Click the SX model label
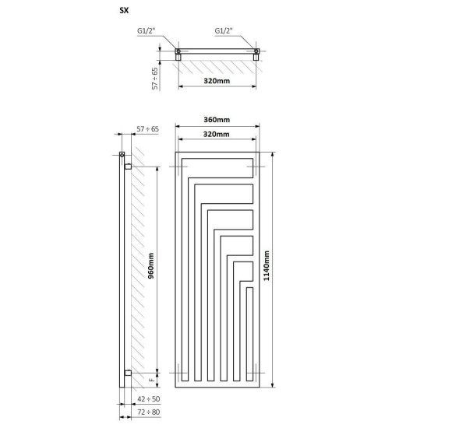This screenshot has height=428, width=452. pos(124,10)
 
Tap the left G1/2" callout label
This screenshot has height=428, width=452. pos(147,31)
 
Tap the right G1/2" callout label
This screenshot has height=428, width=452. pos(224,31)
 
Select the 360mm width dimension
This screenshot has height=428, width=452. pos(217,119)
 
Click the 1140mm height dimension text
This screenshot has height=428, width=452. pos(267,265)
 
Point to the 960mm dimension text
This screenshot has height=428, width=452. pos(150,265)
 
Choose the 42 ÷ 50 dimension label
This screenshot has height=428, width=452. pos(148,399)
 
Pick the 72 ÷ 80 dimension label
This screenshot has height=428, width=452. pos(148,412)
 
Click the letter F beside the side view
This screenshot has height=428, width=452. pos(151,380)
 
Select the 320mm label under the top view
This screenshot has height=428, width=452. pos(217,81)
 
